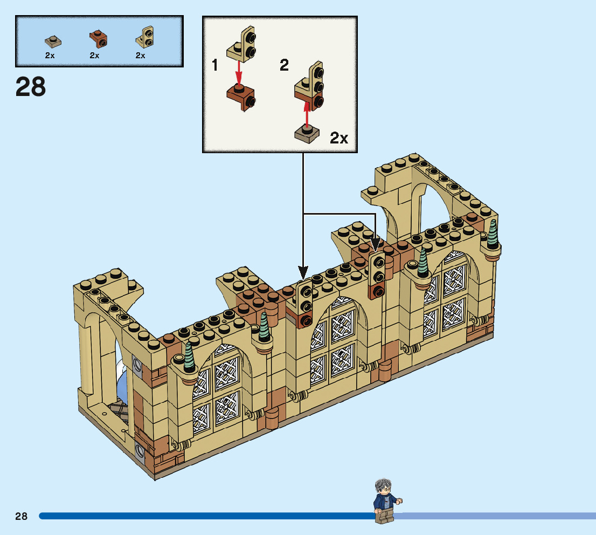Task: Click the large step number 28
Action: tap(31, 86)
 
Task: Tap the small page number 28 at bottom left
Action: tap(21, 516)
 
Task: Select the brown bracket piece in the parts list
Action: tap(98, 39)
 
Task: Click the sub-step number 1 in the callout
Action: tap(215, 66)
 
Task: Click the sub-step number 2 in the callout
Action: tap(284, 66)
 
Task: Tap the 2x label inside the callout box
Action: tap(339, 138)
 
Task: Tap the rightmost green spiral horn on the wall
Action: tap(493, 233)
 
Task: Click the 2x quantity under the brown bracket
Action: tap(95, 56)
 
